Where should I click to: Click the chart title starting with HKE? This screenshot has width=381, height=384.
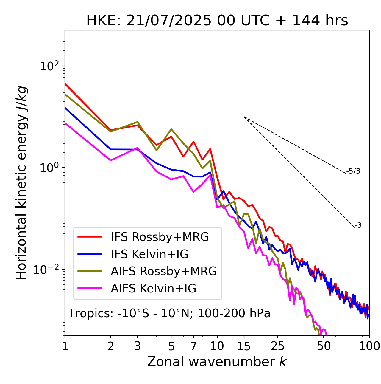pyautogui.click(x=217, y=21)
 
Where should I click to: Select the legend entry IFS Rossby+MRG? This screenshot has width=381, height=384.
pyautogui.click(x=160, y=237)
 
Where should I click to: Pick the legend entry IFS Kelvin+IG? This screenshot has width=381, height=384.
pyautogui.click(x=149, y=254)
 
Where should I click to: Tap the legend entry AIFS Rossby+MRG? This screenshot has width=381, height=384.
pyautogui.click(x=164, y=271)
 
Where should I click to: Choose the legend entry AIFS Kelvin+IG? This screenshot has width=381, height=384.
pyautogui.click(x=153, y=289)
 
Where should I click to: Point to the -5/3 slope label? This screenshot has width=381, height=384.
pyautogui.click(x=353, y=171)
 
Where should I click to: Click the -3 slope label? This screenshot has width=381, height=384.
pyautogui.click(x=358, y=226)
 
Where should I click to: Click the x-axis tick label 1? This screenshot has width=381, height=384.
pyautogui.click(x=65, y=346)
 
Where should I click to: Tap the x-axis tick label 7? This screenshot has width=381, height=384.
pyautogui.click(x=193, y=346)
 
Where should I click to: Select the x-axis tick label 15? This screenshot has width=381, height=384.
pyautogui.click(x=244, y=346)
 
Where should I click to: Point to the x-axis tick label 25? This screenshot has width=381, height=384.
pyautogui.click(x=278, y=346)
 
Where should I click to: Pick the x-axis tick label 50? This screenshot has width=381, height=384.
pyautogui.click(x=324, y=346)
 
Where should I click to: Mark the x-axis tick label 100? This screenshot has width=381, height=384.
pyautogui.click(x=369, y=346)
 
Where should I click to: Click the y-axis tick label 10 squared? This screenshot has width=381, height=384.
pyautogui.click(x=49, y=66)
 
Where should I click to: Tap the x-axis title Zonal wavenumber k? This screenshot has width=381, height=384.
pyautogui.click(x=217, y=362)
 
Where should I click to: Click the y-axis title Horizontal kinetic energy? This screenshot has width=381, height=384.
pyautogui.click(x=21, y=183)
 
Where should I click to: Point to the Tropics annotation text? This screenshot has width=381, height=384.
pyautogui.click(x=169, y=314)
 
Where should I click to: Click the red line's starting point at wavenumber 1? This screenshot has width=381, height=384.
pyautogui.click(x=65, y=84)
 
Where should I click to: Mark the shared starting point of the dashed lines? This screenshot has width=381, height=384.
pyautogui.click(x=244, y=117)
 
